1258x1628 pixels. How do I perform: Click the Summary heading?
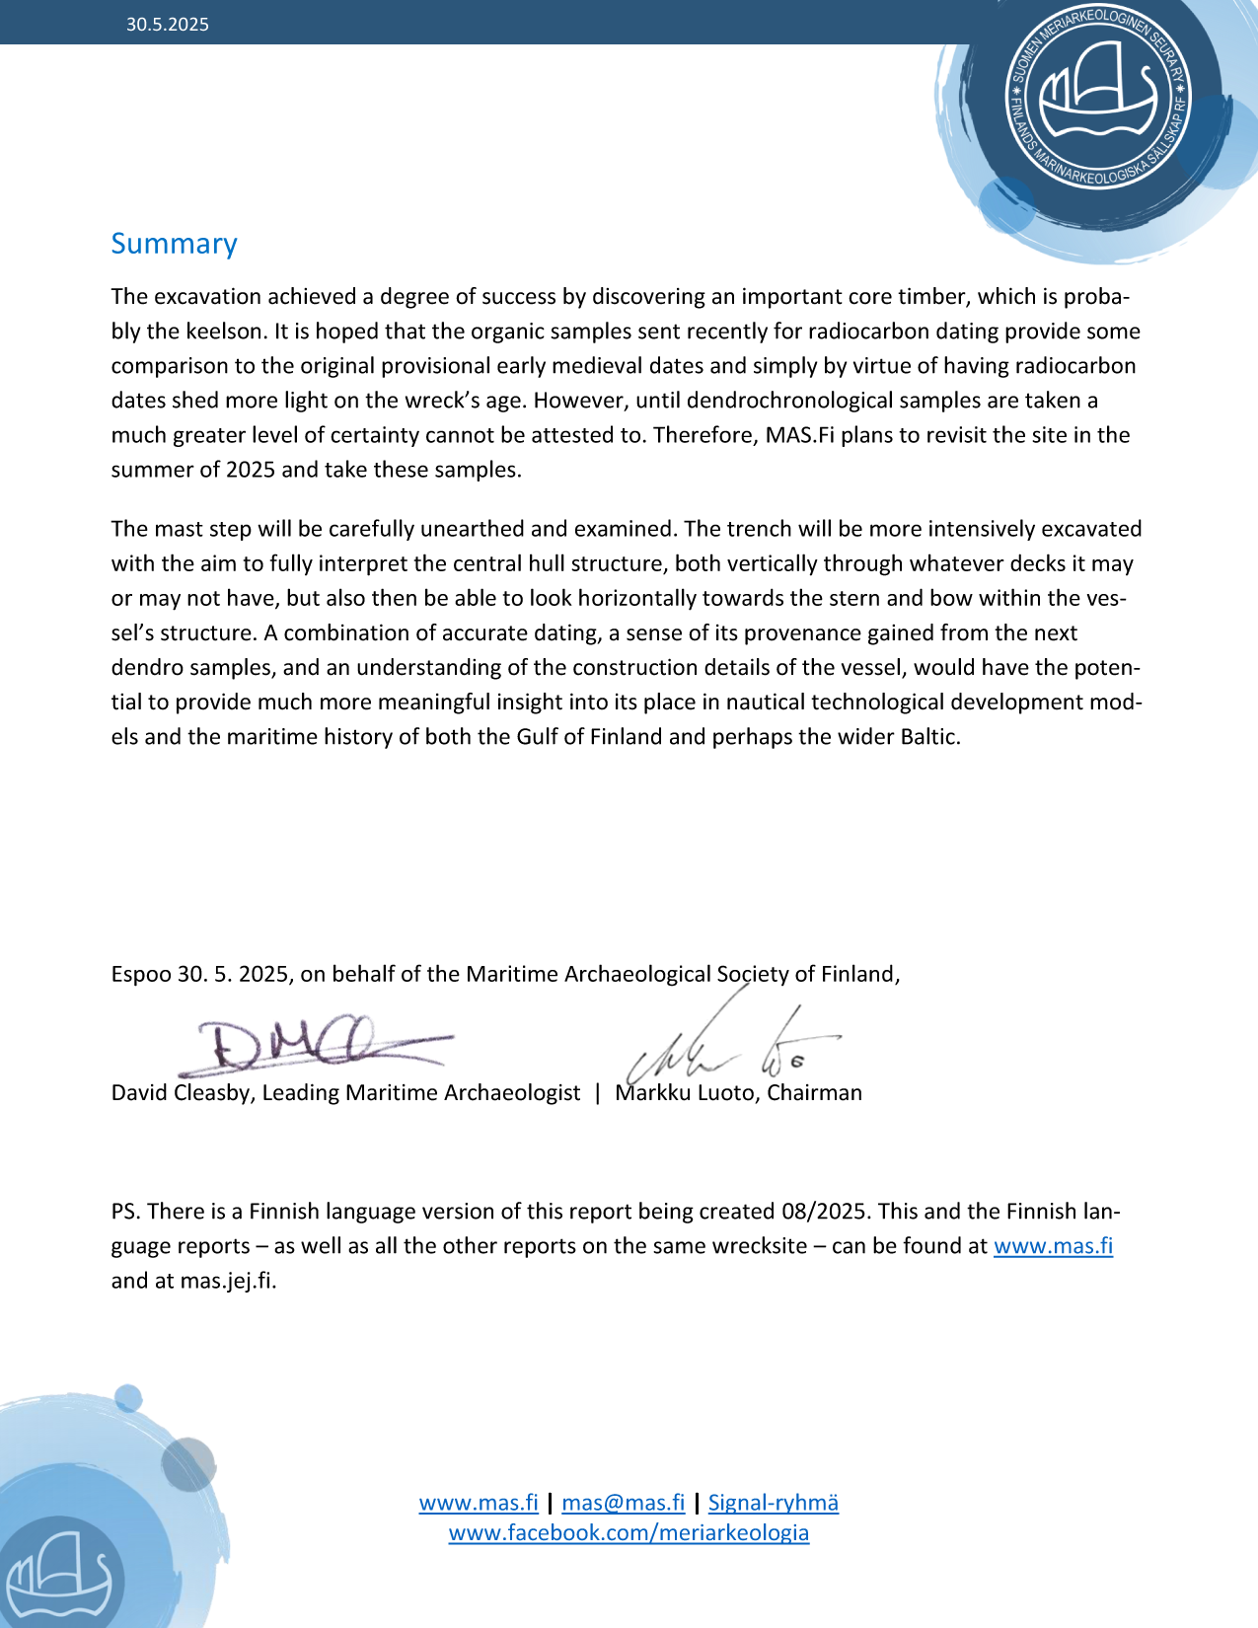[x=174, y=244]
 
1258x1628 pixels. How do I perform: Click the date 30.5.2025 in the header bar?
[x=167, y=25]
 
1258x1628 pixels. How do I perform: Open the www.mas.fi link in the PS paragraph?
[x=1053, y=1246]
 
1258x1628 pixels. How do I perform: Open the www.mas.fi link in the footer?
[x=479, y=1503]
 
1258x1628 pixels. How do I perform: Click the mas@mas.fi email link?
[x=623, y=1503]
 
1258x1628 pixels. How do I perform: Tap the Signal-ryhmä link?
[x=773, y=1503]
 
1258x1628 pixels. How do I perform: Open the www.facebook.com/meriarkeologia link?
[x=629, y=1533]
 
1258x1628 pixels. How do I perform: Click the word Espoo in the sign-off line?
[x=140, y=975]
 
